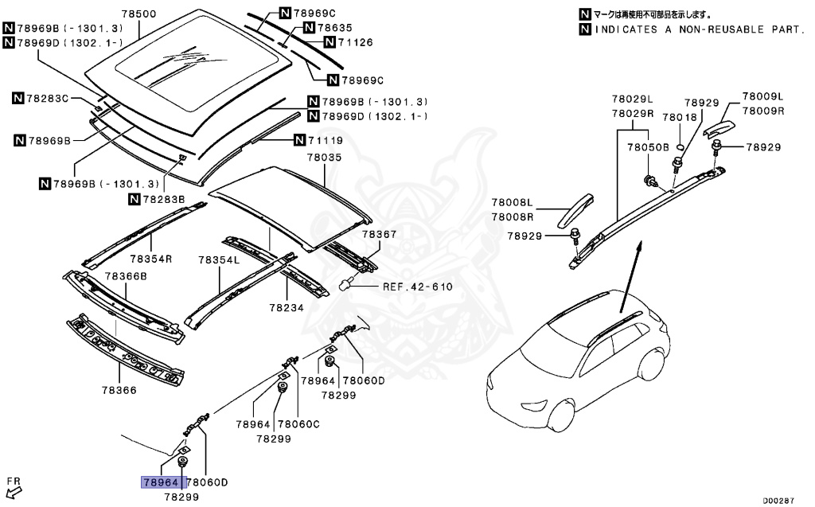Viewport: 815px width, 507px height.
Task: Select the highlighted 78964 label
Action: pyautogui.click(x=160, y=482)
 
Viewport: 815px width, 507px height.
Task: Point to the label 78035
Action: pyautogui.click(x=324, y=158)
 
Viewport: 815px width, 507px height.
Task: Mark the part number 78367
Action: pyautogui.click(x=378, y=235)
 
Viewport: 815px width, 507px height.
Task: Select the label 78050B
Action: pyautogui.click(x=648, y=147)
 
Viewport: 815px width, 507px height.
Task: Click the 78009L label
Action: pyautogui.click(x=763, y=96)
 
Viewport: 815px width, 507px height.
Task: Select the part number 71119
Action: pyautogui.click(x=326, y=141)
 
